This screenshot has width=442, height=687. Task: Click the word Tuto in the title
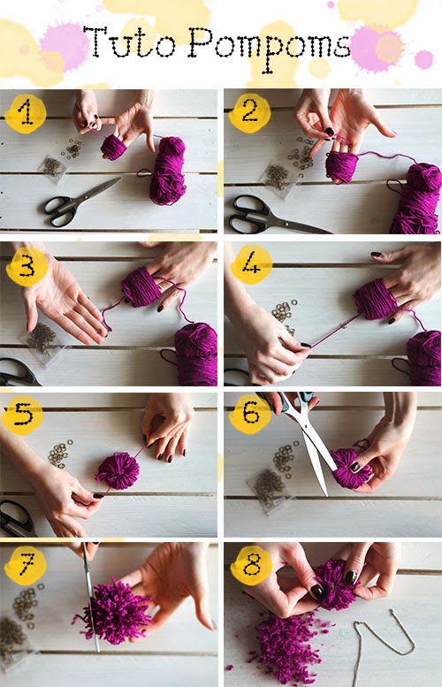(x=129, y=42)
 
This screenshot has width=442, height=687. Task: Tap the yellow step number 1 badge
(x=26, y=112)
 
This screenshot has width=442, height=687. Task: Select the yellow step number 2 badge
(x=249, y=111)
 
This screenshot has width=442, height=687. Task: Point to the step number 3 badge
(x=27, y=266)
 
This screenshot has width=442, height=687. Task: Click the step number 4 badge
(x=251, y=264)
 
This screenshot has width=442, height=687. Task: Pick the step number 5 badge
(x=22, y=415)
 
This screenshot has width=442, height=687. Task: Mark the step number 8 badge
(x=252, y=566)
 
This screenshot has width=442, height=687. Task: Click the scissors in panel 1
(x=79, y=203)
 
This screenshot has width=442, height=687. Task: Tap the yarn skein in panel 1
(x=168, y=171)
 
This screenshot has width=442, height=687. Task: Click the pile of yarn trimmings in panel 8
(x=286, y=648)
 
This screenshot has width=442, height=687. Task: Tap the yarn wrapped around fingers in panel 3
(x=141, y=286)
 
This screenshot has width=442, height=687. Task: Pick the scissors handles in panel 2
(x=248, y=214)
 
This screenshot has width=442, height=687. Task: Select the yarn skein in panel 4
(x=423, y=358)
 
